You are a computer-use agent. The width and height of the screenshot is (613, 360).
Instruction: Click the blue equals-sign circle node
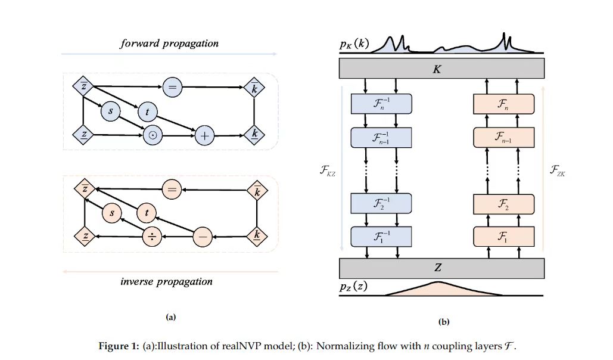pos(171,88)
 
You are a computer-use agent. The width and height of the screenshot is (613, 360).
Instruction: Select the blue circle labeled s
pos(110,111)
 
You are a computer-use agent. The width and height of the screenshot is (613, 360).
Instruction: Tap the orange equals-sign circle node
pos(172,190)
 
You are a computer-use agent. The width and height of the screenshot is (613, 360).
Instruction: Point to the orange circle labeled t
pos(147,212)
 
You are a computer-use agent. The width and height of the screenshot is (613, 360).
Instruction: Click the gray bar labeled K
pos(441,69)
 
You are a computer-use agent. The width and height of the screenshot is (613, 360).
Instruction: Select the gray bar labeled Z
pos(441,269)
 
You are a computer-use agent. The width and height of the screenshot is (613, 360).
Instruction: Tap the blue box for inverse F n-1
pos(382,138)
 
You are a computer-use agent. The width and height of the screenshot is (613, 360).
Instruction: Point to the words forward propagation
pos(169,44)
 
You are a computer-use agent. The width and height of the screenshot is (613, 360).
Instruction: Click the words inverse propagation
pos(166,281)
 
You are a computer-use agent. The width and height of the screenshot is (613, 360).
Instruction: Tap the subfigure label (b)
pos(443,322)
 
